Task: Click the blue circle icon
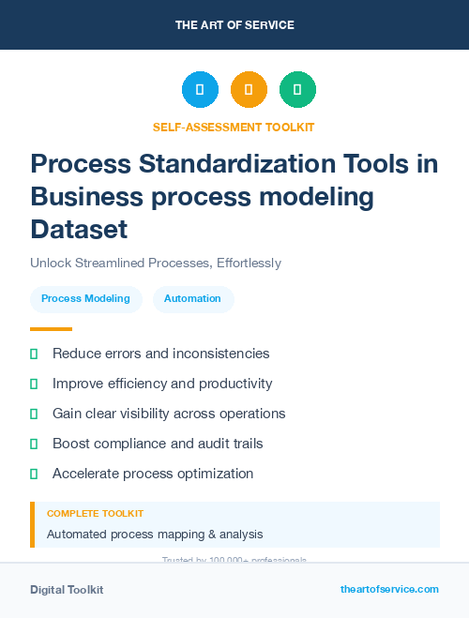200,89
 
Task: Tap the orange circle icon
249,89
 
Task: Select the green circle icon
297,89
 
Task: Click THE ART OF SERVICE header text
234,25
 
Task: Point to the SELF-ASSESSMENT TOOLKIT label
234,127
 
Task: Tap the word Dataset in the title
79,229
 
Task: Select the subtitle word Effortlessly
248,263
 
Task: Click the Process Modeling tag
85,299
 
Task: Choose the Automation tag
192,299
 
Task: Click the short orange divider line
51,329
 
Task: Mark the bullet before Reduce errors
34,354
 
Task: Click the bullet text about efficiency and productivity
162,384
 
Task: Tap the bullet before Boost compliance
34,444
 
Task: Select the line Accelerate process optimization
153,474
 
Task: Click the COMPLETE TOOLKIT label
96,514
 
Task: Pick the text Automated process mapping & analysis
155,535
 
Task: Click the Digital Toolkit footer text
67,590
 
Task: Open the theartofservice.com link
389,589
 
